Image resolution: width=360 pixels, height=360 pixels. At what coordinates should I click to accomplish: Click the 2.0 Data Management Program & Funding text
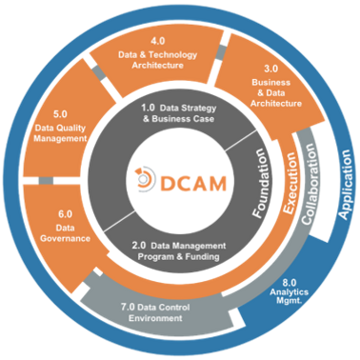point(179,250)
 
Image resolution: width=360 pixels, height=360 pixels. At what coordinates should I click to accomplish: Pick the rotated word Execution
point(290,177)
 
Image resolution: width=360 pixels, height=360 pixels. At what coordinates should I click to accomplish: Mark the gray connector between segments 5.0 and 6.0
point(45,180)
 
